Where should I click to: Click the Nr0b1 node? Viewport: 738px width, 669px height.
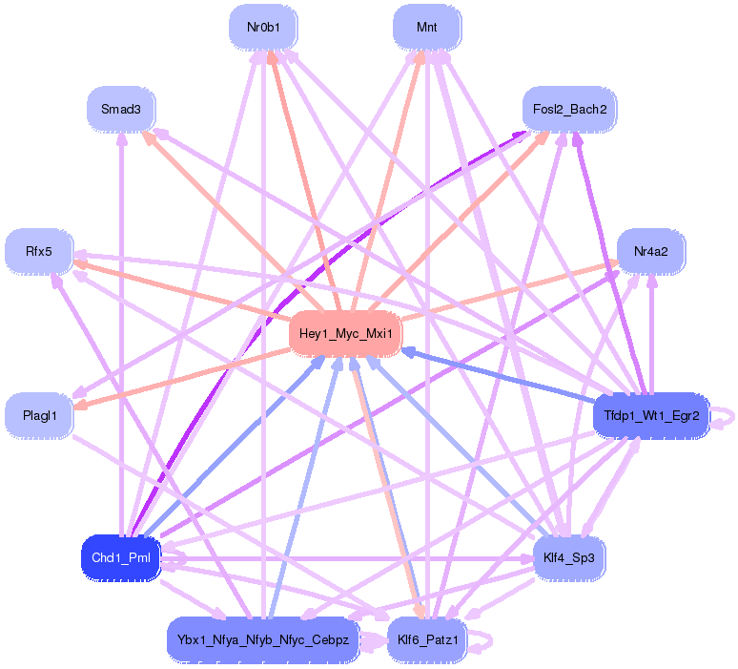(x=263, y=28)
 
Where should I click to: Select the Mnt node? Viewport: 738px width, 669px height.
(x=427, y=28)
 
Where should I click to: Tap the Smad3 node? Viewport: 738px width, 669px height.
(x=121, y=109)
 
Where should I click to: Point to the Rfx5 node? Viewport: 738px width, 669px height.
(x=39, y=252)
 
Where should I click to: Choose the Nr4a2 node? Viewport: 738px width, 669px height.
(x=651, y=252)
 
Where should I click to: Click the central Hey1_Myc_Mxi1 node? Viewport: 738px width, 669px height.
(x=345, y=334)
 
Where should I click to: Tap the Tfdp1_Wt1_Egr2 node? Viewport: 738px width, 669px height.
(x=651, y=416)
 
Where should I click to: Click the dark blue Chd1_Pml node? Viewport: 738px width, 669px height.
(x=121, y=557)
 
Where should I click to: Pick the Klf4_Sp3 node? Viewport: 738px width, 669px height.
(x=569, y=557)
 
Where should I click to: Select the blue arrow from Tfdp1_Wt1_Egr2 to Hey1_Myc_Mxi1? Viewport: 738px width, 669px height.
(x=496, y=373)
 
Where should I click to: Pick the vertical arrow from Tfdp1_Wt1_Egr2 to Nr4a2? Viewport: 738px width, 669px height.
(x=651, y=334)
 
